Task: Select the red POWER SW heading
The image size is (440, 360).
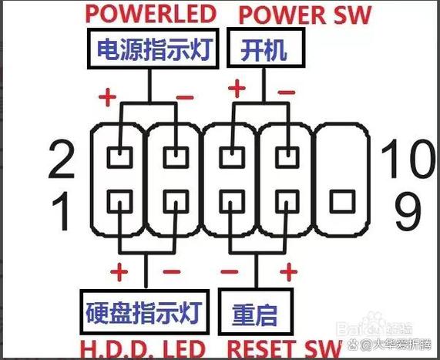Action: (x=306, y=15)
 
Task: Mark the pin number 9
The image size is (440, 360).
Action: (x=408, y=210)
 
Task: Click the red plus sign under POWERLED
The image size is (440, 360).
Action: (x=107, y=98)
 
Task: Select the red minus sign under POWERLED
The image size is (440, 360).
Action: (x=185, y=98)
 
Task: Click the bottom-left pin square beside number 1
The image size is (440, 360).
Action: (x=119, y=203)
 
